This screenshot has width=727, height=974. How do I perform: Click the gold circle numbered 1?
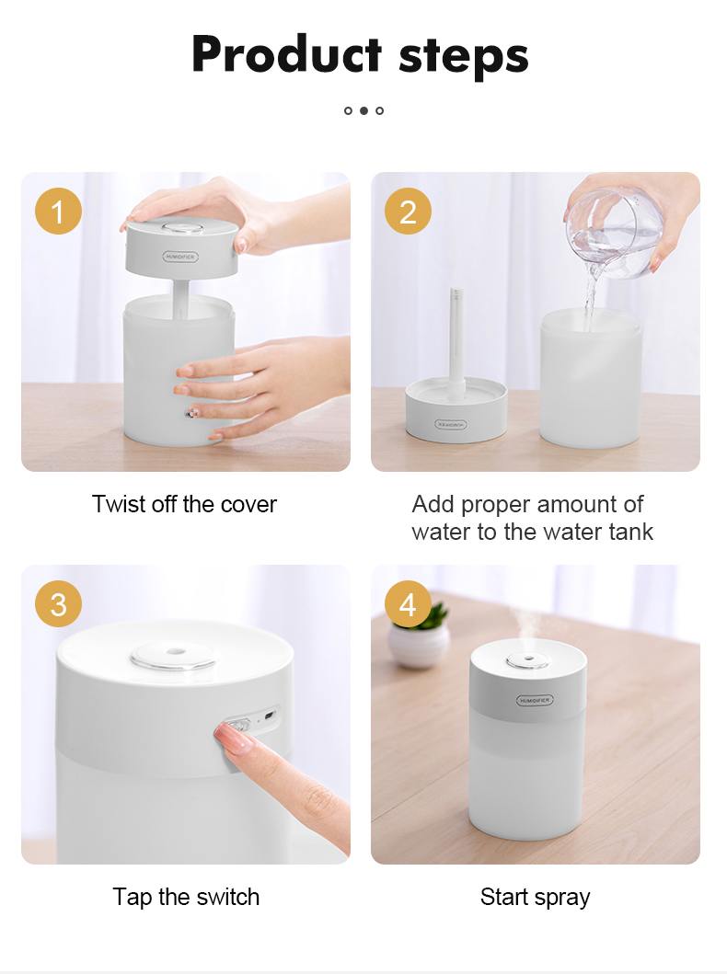[x=58, y=212]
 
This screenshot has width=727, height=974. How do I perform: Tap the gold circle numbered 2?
[x=408, y=212]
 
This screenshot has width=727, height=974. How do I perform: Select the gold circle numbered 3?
[x=58, y=603]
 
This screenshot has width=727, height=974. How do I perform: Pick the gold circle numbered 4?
[x=408, y=603]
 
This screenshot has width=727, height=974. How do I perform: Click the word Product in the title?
[x=286, y=54]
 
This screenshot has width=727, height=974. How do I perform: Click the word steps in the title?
[x=464, y=57]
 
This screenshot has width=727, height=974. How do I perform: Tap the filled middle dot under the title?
[x=363, y=110]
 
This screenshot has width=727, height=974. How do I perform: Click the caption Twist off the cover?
[x=185, y=504]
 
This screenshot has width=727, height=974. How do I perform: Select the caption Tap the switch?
[x=186, y=897]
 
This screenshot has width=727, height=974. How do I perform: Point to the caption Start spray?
[x=535, y=898]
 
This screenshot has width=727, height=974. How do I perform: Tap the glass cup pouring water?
[x=613, y=233]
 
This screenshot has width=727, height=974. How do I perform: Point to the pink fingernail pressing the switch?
[x=227, y=736]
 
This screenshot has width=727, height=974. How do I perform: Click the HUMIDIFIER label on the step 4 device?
[x=535, y=701]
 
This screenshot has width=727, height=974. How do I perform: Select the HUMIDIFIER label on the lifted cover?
[x=180, y=257]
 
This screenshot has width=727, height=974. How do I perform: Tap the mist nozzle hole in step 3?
[x=176, y=652]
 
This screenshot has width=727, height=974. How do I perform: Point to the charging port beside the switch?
[x=270, y=715]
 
